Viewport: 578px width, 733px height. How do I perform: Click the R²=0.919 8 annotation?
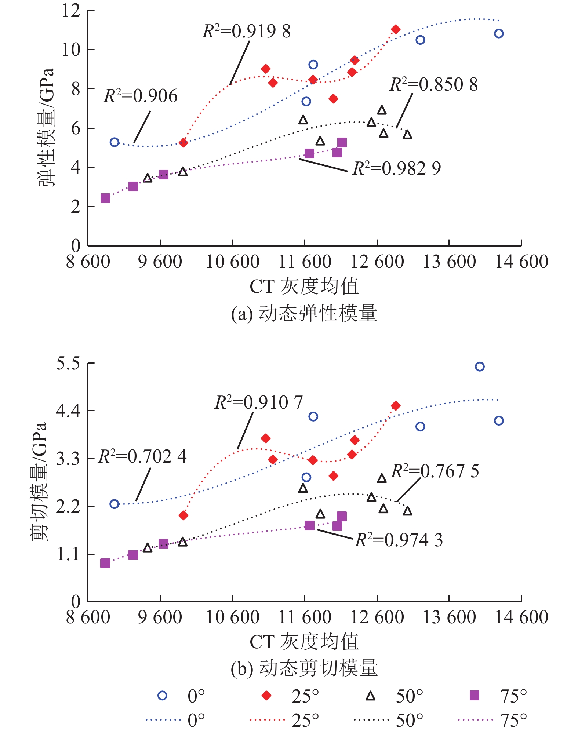pyautogui.click(x=247, y=32)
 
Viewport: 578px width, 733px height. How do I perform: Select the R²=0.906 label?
pyautogui.click(x=141, y=96)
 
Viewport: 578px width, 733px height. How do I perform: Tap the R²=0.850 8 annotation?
pyautogui.click(x=433, y=85)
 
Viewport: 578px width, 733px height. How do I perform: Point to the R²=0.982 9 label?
pyautogui.click(x=396, y=169)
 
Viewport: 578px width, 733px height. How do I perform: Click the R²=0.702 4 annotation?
pyautogui.click(x=142, y=457)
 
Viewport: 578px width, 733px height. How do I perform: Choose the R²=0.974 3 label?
pyautogui.click(x=399, y=540)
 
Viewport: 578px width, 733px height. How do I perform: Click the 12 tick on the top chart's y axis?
pyautogui.click(x=71, y=10)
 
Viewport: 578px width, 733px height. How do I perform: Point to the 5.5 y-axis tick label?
pyautogui.click(x=68, y=364)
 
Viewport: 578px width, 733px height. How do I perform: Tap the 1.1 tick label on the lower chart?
pyautogui.click(x=68, y=554)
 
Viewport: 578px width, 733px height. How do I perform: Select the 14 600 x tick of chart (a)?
pyautogui.click(x=521, y=262)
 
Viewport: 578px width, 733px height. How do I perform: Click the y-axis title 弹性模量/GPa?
pyautogui.click(x=47, y=127)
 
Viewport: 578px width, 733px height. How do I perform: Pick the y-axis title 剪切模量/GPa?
pyautogui.click(x=39, y=481)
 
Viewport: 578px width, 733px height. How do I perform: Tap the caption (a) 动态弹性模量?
pyautogui.click(x=304, y=314)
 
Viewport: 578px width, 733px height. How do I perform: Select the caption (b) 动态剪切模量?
pyautogui.click(x=304, y=668)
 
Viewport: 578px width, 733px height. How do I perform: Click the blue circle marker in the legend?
pyautogui.click(x=162, y=696)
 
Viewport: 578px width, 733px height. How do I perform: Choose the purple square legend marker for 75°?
pyautogui.click(x=475, y=696)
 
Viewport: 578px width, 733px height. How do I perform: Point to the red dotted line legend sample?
pyautogui.click(x=267, y=720)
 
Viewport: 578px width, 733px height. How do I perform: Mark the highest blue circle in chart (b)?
pyautogui.click(x=480, y=366)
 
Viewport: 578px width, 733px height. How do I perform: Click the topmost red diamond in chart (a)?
pyautogui.click(x=396, y=29)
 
